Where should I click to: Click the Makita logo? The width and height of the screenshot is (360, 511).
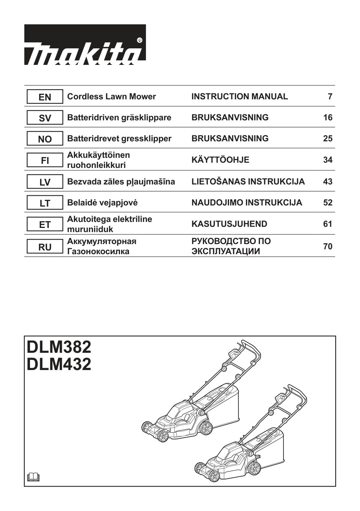tap(85, 45)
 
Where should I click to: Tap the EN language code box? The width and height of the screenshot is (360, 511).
tap(45, 97)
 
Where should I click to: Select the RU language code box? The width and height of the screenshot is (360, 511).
tap(45, 247)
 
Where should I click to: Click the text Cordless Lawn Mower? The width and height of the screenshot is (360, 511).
tap(111, 97)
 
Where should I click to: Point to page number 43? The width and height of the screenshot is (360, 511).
tap(327, 182)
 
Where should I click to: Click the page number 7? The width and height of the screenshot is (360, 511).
tap(330, 97)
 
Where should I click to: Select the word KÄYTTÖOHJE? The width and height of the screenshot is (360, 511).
tap(220, 160)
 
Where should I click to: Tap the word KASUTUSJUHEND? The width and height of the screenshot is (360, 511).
tap(229, 224)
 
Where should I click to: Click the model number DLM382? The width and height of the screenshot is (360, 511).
tap(59, 347)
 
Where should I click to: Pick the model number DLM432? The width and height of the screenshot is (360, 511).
tap(59, 364)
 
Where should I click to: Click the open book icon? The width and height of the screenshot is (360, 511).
tap(33, 477)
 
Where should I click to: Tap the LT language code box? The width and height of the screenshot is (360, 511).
tap(45, 203)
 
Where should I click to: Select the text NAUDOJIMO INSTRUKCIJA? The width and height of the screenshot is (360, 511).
tap(246, 203)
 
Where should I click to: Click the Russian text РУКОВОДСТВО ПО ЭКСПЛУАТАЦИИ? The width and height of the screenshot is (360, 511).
tap(231, 246)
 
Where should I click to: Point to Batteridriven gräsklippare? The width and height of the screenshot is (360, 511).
tap(119, 118)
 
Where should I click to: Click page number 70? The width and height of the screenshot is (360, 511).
tap(327, 247)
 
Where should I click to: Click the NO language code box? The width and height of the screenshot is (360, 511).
tap(45, 139)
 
